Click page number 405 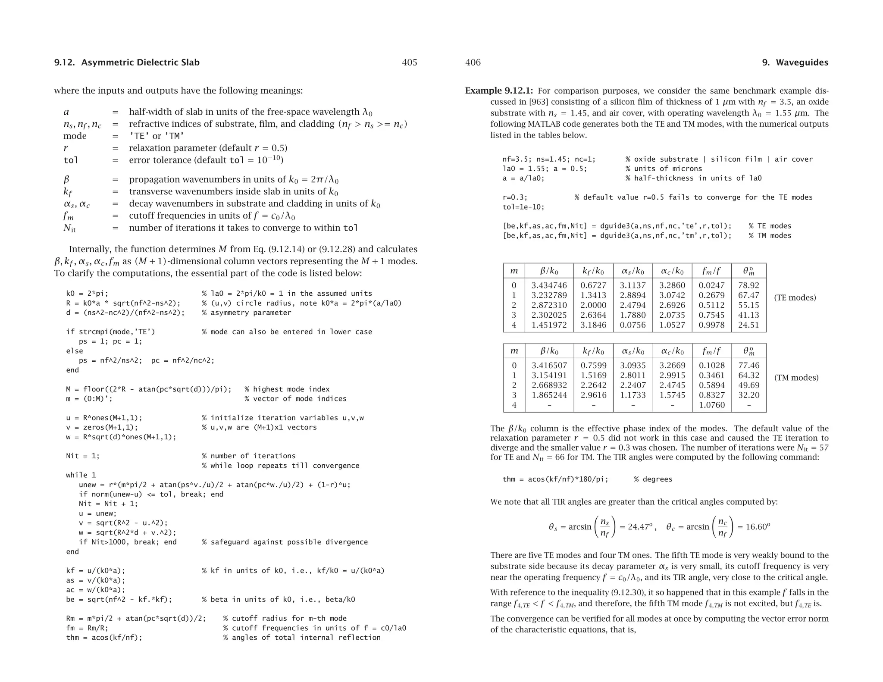(409, 63)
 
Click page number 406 (473, 63)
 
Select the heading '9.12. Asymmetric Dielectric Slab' (127, 63)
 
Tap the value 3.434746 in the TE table (549, 285)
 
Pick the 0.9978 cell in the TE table (711, 325)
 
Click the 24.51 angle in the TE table (748, 325)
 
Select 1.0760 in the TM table (711, 405)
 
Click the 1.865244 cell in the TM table (549, 395)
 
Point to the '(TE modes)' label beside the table (795, 298)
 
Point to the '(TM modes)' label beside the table (796, 378)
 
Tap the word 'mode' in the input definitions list (75, 136)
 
